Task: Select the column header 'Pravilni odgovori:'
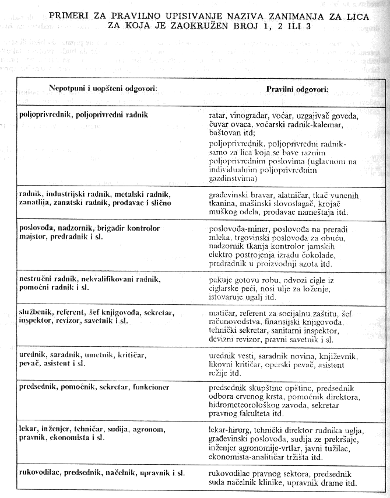tap(297, 90)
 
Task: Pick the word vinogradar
tap(252, 116)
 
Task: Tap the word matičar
tap(223, 314)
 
